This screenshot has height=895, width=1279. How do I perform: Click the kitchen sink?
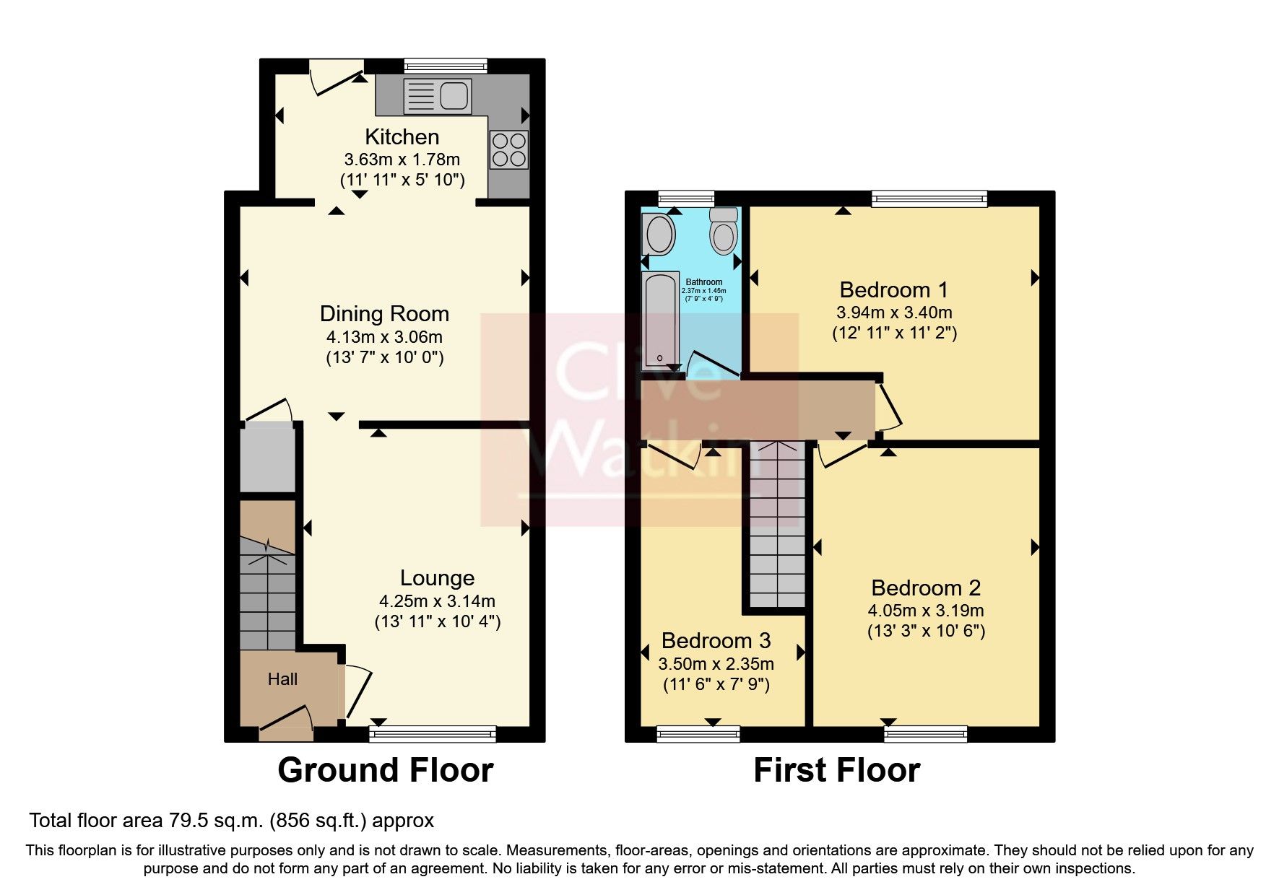437,96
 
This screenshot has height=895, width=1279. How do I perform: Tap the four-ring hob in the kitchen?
508,149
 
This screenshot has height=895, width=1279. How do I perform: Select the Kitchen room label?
402,136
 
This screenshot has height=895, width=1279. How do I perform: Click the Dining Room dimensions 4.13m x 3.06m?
384,336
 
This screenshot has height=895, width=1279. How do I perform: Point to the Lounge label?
437,577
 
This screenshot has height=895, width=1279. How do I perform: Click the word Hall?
282,679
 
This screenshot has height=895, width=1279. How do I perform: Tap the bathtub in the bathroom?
660,320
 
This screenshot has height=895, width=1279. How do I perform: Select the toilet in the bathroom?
723,230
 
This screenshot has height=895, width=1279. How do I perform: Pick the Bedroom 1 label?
893,289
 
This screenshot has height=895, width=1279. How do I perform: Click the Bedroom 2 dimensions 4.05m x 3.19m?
925,610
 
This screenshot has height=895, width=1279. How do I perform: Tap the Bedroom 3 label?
716,640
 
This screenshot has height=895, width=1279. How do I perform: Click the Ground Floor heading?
385,770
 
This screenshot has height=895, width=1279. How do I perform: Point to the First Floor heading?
836,770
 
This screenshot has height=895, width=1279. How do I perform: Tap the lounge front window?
433,734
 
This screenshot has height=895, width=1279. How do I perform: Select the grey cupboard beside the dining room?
267,458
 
